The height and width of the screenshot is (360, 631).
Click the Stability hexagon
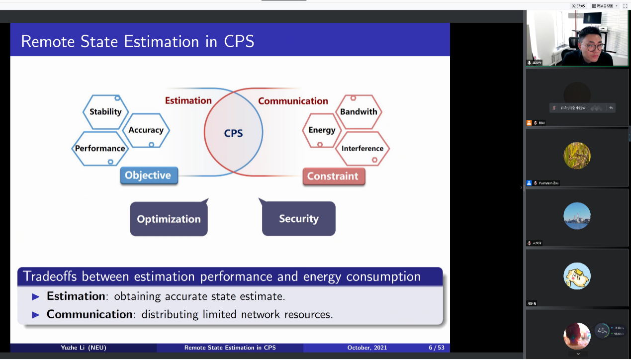click(x=105, y=112)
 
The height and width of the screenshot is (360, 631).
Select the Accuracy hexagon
click(x=146, y=130)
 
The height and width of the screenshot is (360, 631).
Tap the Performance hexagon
click(x=100, y=148)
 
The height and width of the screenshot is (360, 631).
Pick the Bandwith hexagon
click(x=359, y=112)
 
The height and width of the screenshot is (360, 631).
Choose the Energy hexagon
click(x=322, y=130)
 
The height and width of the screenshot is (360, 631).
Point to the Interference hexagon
click(x=362, y=148)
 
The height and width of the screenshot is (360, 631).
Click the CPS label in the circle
click(x=233, y=133)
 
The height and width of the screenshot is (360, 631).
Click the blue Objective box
click(x=148, y=176)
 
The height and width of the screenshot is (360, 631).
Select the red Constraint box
click(x=333, y=176)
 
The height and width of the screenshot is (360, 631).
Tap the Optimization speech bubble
click(x=169, y=219)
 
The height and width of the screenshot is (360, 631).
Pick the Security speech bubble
click(x=298, y=219)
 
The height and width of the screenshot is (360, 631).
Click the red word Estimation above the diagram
click(x=188, y=100)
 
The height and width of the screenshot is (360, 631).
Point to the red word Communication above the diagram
click(x=293, y=101)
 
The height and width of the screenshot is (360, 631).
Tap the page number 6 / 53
click(x=437, y=348)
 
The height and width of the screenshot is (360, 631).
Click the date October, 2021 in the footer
click(x=367, y=348)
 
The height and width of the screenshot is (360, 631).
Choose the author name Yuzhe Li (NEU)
click(x=84, y=348)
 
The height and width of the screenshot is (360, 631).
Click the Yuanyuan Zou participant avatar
click(x=577, y=155)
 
